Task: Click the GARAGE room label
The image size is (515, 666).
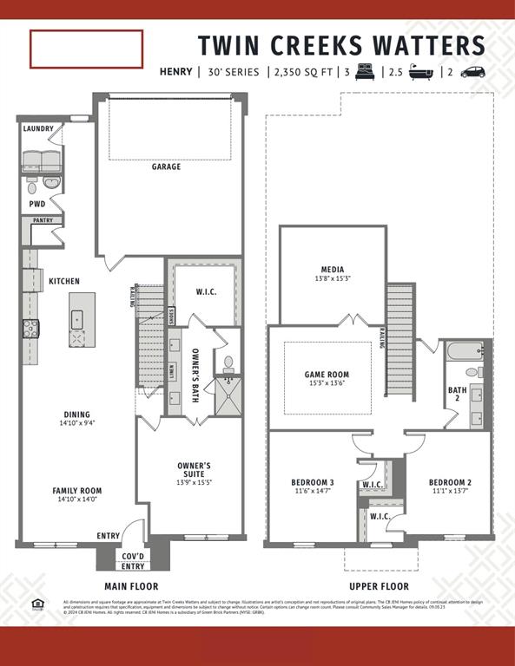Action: point(167,166)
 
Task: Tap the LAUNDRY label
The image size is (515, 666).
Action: point(38,129)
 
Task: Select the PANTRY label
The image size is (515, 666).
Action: point(43,220)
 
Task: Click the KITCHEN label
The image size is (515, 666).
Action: point(64,281)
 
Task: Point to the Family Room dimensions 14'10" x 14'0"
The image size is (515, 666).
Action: point(77,499)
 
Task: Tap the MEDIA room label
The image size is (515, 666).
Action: point(333,270)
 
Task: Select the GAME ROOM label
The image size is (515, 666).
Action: point(327,375)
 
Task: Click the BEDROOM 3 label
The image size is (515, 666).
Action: point(312,482)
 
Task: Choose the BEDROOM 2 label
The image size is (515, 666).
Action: point(450,482)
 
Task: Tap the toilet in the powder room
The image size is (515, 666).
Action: point(32,186)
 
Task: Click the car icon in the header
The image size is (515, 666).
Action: point(472,72)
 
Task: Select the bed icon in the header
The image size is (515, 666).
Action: point(364,72)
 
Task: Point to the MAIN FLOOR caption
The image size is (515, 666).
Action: point(131,586)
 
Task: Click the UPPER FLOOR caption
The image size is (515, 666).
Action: point(379,586)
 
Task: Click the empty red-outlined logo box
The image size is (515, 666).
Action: point(86,49)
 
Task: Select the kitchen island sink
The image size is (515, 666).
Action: point(77,317)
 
